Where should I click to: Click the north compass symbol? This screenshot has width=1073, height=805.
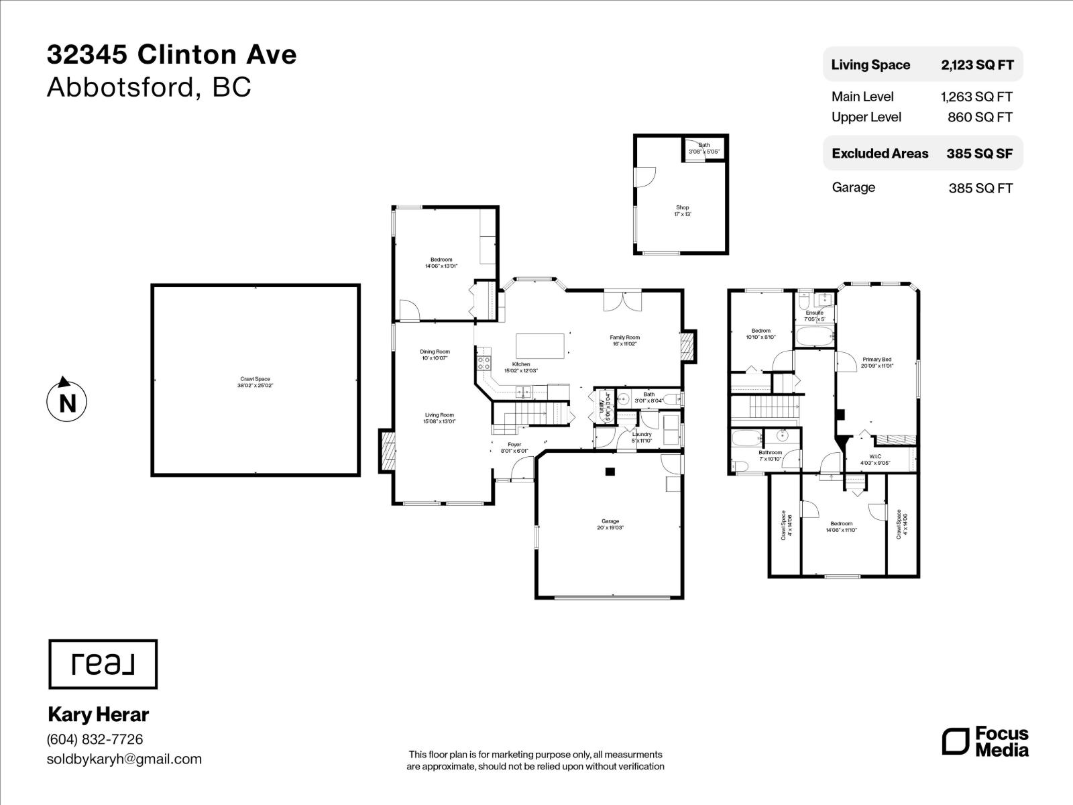click(66, 402)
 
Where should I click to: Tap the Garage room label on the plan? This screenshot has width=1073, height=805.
click(610, 525)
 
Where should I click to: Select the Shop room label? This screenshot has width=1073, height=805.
click(682, 211)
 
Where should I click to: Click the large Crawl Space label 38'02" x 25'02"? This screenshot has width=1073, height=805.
click(255, 382)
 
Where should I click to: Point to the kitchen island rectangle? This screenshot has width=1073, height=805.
click(540, 346)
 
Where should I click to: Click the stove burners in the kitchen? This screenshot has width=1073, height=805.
click(483, 364)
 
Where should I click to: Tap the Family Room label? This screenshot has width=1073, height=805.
click(624, 341)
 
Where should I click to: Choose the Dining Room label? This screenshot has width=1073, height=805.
click(435, 355)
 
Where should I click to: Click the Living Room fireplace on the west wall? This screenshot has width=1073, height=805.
click(387, 451)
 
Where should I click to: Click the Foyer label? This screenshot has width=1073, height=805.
click(514, 447)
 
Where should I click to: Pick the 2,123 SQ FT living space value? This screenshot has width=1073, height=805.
click(977, 65)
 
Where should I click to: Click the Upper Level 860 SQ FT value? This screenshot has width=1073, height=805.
click(980, 117)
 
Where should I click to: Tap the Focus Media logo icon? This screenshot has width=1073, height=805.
click(956, 741)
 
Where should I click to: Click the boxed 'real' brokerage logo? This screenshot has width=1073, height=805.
click(103, 664)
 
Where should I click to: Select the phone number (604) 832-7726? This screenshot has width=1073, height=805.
click(95, 739)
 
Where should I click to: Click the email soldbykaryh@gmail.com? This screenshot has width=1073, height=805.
click(124, 759)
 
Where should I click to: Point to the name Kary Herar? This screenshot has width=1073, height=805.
click(99, 714)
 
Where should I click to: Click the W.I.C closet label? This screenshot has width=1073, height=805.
click(875, 460)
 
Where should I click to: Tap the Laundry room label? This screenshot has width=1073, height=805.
click(642, 437)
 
